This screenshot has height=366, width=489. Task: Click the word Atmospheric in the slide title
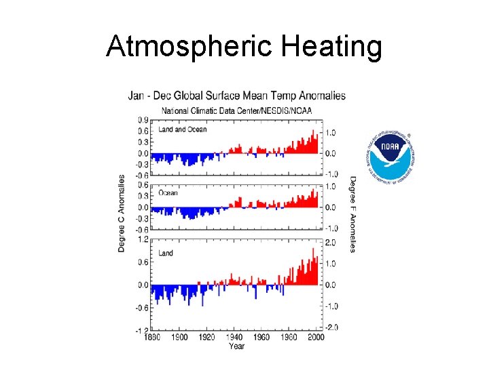[182, 47]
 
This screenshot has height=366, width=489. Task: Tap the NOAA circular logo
[390, 156]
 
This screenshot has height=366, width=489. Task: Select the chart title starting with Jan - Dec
[236, 96]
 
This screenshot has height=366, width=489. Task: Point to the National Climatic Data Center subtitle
[232, 109]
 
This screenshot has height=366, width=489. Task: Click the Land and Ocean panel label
[182, 129]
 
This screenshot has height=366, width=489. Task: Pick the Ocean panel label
[168, 192]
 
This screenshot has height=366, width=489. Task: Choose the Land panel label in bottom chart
[165, 253]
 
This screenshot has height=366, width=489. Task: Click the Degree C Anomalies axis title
[122, 213]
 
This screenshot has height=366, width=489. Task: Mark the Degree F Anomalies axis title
[352, 213]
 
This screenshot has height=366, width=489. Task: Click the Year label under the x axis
[236, 346]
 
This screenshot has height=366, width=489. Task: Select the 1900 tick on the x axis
[179, 337]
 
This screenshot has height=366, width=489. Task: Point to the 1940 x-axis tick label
[235, 337]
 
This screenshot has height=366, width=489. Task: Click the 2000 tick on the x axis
[317, 337]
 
